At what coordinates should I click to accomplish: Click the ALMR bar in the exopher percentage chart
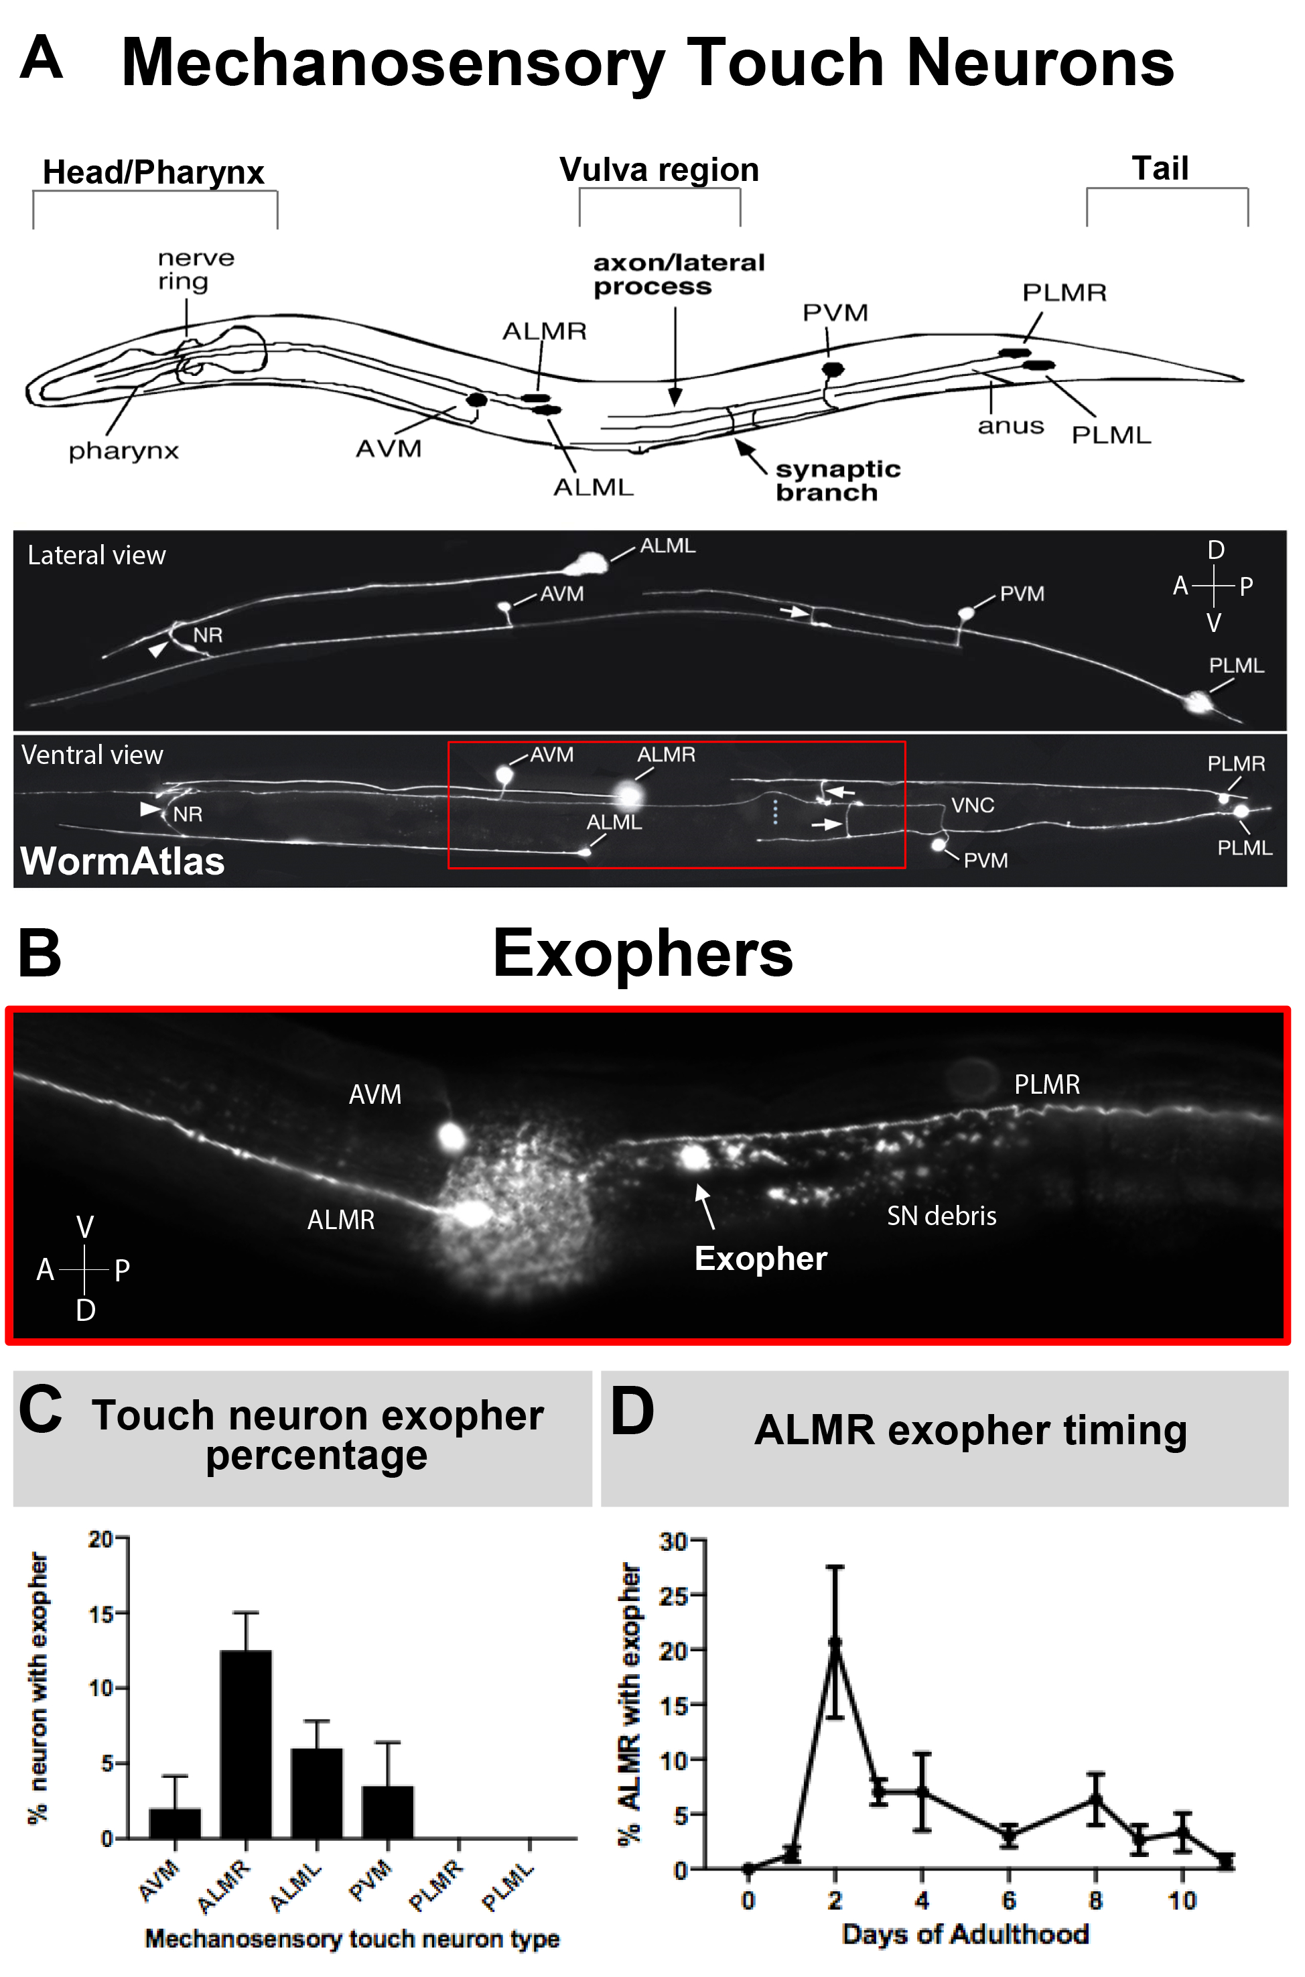coord(245,1743)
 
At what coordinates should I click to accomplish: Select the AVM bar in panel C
coord(175,1822)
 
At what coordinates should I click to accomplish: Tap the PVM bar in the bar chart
coord(388,1811)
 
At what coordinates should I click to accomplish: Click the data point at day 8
coord(1095,1799)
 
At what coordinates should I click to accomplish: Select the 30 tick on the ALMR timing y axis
coord(673,1541)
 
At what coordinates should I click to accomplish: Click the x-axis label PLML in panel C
coord(508,1887)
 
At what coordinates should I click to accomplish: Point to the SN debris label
coord(941,1216)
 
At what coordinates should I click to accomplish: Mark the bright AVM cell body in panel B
coord(452,1136)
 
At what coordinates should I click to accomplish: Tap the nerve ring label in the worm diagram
coord(196,269)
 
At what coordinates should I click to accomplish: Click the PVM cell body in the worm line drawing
coord(832,369)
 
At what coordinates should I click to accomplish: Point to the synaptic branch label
coord(837,481)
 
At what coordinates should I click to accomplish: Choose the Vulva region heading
coord(659,170)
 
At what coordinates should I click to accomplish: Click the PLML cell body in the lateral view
coord(1198,702)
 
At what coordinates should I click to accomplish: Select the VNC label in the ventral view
coord(973,805)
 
